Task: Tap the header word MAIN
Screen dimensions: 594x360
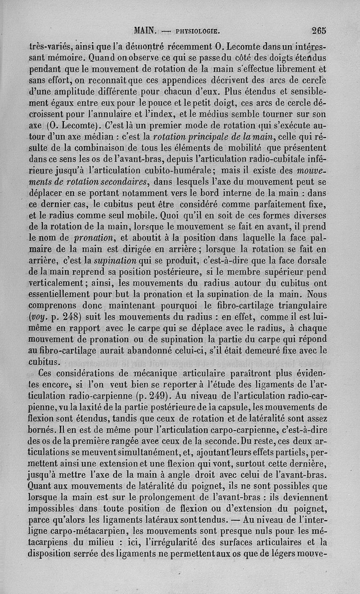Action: click(x=145, y=31)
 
